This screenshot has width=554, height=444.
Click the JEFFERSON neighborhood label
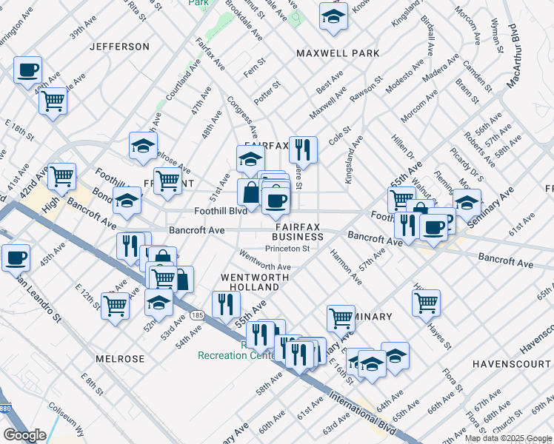(x=119, y=47)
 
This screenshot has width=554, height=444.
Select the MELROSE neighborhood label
(x=120, y=359)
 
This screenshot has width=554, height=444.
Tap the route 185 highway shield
(x=196, y=314)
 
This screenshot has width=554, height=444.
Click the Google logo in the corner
(x=24, y=434)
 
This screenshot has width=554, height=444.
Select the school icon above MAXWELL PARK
(x=333, y=16)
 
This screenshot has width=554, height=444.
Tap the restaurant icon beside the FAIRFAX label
(x=303, y=149)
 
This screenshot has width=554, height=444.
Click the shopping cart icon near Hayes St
(x=427, y=300)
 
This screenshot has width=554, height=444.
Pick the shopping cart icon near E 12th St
(x=116, y=305)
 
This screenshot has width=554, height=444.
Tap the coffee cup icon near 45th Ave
(x=16, y=258)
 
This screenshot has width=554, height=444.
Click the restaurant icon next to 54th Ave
(x=226, y=303)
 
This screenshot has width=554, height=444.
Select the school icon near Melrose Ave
(x=143, y=145)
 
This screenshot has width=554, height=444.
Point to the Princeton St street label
(x=287, y=249)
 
